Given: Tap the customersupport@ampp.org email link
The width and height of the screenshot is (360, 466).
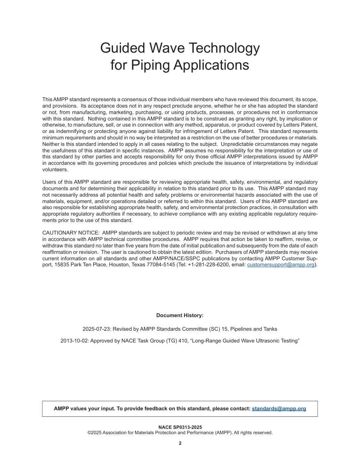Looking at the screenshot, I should coord(281,265).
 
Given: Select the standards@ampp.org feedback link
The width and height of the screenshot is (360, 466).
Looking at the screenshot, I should coord(279,409).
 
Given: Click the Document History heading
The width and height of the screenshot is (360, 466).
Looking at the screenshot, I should coord(180,316).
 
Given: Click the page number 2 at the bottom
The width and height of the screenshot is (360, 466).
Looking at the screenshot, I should coord(180,444).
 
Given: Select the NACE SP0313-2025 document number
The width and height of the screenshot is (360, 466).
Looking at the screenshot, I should coord(180,427).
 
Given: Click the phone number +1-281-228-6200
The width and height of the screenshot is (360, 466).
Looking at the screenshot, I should coord(208,265).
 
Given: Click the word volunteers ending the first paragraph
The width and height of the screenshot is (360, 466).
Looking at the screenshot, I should coord(55,170).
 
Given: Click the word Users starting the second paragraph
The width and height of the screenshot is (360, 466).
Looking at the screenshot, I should coord(49,182).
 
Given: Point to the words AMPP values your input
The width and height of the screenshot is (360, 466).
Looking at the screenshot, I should coord(80,409).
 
